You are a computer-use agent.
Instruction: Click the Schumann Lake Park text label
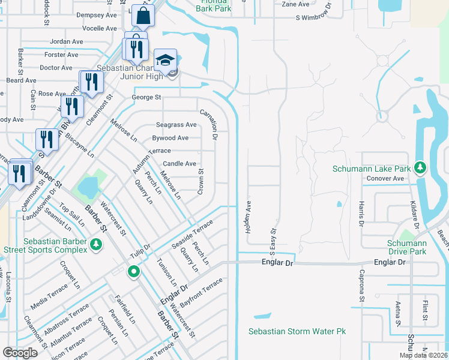point(372,169)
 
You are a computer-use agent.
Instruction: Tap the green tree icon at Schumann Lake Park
point(421,166)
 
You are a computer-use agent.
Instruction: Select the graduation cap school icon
point(166,60)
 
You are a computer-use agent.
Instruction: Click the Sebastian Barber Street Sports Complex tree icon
point(95,244)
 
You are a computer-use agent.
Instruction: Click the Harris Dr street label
point(362,214)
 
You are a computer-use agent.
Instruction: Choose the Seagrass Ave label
point(176,125)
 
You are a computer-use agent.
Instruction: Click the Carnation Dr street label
point(213,124)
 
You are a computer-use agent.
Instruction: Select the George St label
point(146,97)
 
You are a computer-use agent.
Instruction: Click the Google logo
point(20,353)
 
